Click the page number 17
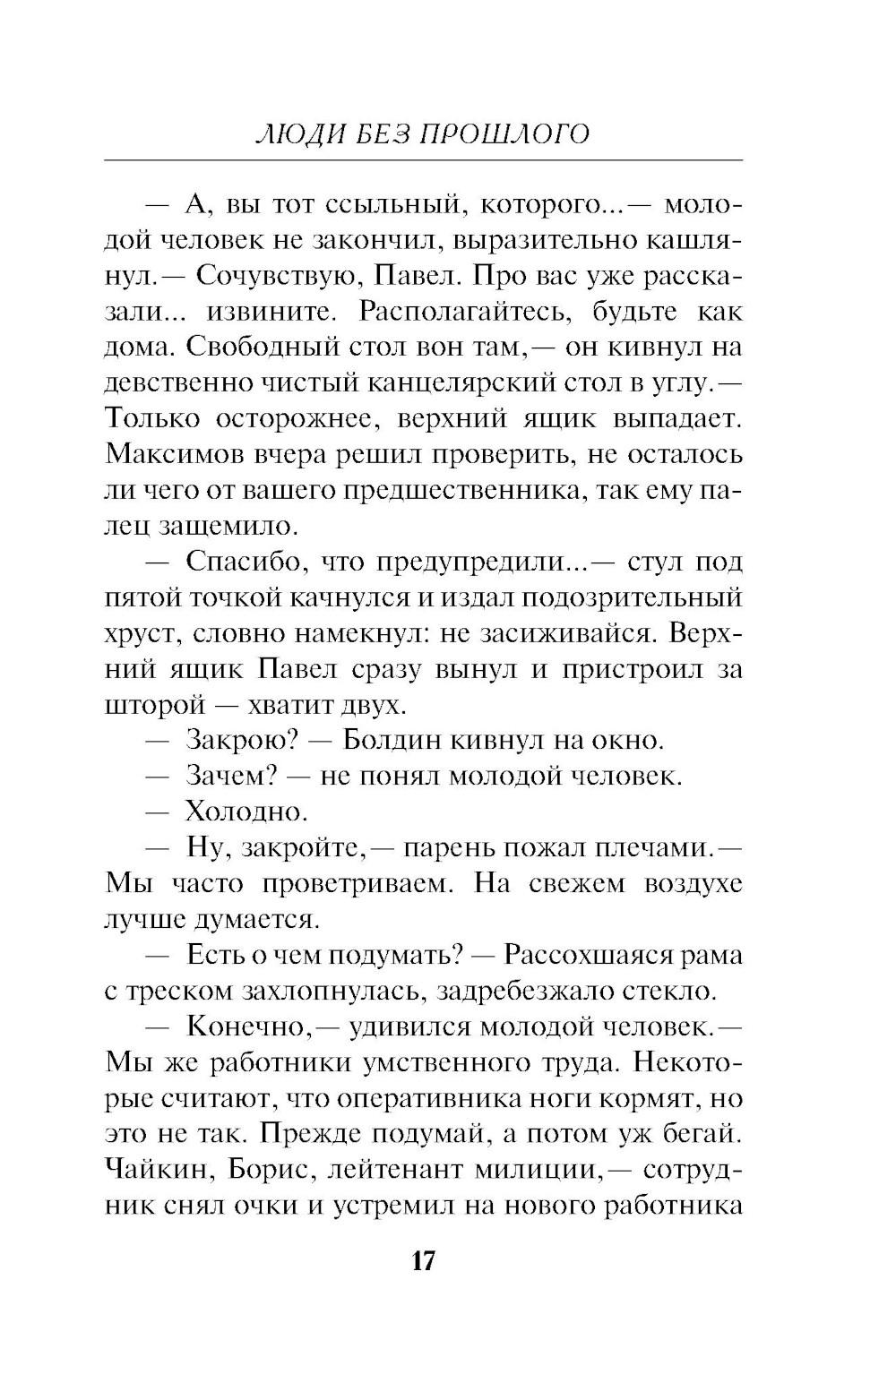click(423, 1261)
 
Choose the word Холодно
click(246, 812)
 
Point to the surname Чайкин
click(159, 1170)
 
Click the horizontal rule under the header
click(423, 160)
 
